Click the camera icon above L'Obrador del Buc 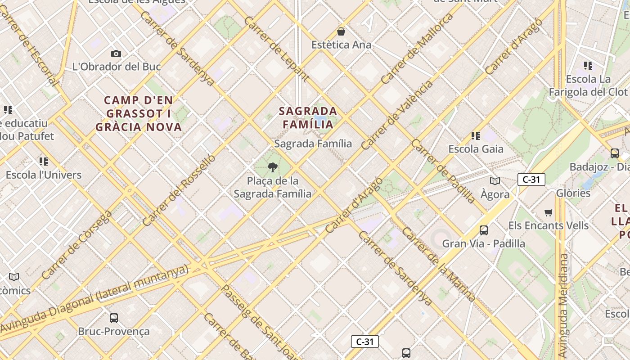116,54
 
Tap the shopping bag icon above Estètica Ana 341,31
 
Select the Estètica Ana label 342,45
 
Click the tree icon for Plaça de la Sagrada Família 272,168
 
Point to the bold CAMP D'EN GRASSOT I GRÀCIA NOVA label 139,113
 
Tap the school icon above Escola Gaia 476,135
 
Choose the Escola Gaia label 476,149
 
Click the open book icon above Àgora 495,181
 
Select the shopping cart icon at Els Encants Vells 548,212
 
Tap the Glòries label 573,193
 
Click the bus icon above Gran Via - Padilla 484,230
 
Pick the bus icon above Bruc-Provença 114,318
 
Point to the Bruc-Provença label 114,332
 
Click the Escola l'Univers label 44,175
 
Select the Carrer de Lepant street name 276,49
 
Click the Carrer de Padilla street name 443,171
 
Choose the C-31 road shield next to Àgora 531,180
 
